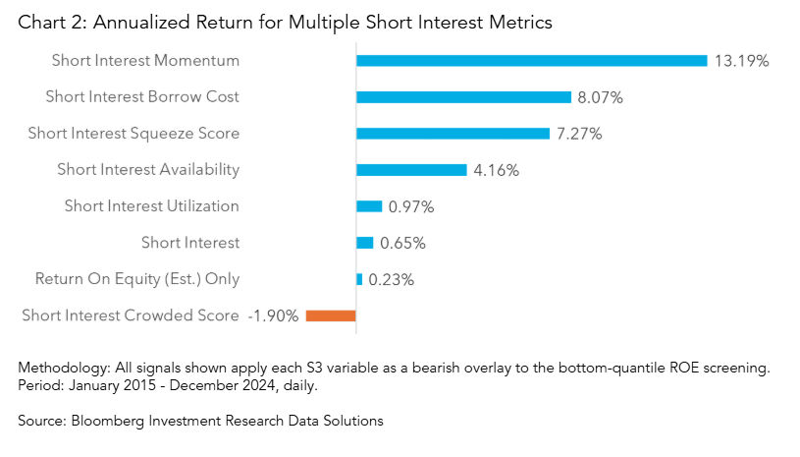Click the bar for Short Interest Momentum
[x=531, y=61]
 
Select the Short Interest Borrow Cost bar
[x=463, y=97]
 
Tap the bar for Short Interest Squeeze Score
[x=453, y=134]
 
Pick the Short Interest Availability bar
[x=411, y=170]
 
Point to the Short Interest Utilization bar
[x=369, y=206]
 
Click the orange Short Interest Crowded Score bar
[x=331, y=315]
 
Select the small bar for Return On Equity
[x=359, y=279]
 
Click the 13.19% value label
[x=741, y=61]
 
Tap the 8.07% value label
[x=601, y=97]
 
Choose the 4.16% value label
[x=496, y=170]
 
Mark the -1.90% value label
[x=274, y=315]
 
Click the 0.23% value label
[x=391, y=279]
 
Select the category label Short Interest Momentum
[x=145, y=61]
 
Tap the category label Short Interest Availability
[x=148, y=170]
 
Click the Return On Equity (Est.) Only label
[x=137, y=279]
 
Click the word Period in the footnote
[x=38, y=385]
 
